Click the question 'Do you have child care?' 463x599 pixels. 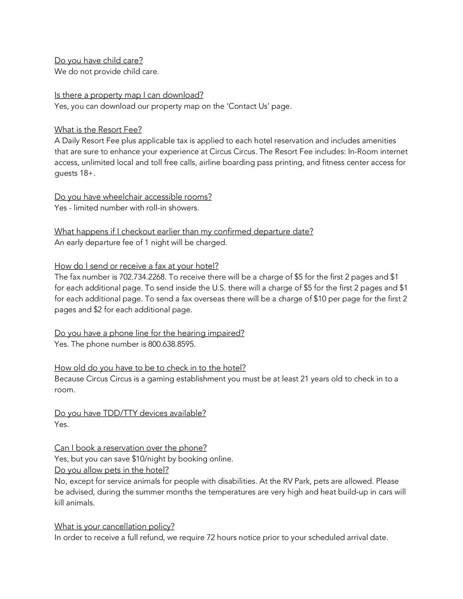tap(99, 60)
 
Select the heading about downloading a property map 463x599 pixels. tap(129, 95)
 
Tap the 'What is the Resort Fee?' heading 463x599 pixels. tap(98, 130)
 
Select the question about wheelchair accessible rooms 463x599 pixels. tap(133, 197)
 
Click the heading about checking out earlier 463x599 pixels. tap(183, 231)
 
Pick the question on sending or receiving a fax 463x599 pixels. tap(136, 266)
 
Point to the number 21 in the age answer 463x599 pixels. tap(304, 379)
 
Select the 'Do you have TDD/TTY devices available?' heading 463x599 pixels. tap(130, 413)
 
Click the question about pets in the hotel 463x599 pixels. tap(112, 470)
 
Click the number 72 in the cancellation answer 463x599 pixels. tap(210, 537)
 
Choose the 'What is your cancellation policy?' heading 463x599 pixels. tap(114, 526)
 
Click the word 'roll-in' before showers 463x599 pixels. tap(156, 208)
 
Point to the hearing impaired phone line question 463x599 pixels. tap(149, 333)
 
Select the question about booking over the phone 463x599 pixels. tap(131, 448)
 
